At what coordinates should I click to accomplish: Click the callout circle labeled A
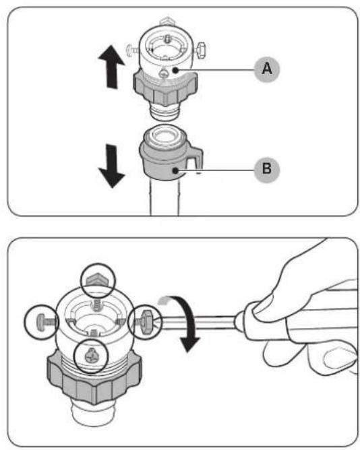tap(267, 69)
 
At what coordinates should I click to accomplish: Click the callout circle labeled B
tap(267, 168)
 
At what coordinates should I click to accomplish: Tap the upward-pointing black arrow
tap(111, 67)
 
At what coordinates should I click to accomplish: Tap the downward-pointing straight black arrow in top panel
tap(111, 166)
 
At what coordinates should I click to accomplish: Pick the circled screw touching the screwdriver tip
tap(146, 322)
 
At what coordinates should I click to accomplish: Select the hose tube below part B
tap(164, 198)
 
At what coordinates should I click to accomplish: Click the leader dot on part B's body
tap(175, 171)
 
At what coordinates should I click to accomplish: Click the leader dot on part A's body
tap(175, 70)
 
